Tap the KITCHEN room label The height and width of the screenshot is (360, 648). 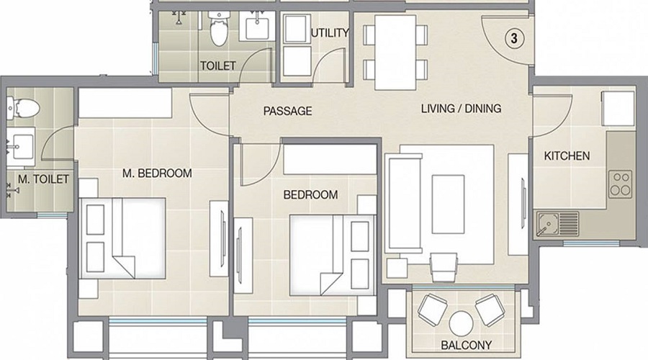click(567, 156)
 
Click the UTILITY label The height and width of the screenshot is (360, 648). click(330, 32)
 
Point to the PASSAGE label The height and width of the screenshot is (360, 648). click(287, 111)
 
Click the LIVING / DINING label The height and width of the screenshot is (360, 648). click(460, 109)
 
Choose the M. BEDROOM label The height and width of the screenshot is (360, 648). click(156, 173)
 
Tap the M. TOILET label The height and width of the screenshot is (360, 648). click(42, 179)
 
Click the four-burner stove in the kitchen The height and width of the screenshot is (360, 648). click(620, 184)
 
